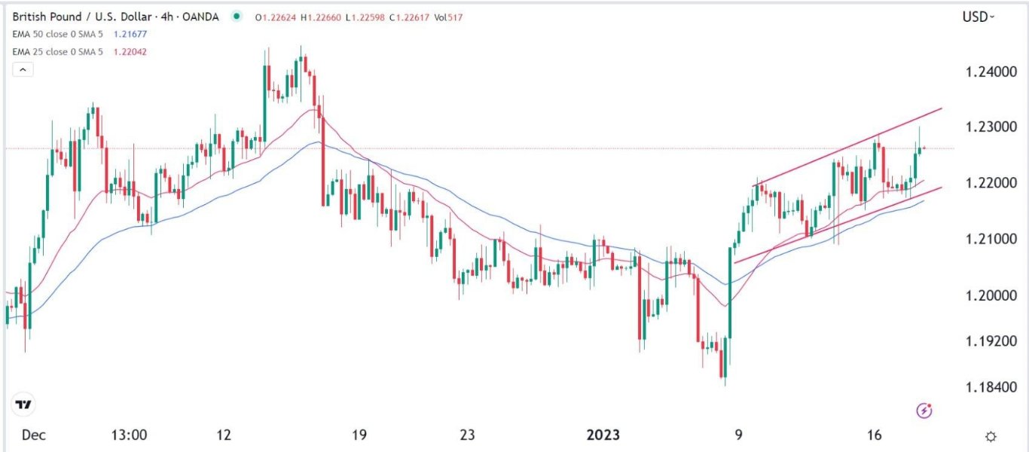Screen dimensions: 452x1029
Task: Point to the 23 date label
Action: [x=467, y=435]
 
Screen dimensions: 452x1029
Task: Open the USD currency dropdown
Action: [x=979, y=17]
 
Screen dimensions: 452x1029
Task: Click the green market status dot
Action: [x=237, y=17]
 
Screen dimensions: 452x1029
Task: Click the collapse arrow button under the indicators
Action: [x=23, y=69]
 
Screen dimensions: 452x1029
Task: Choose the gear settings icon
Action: [x=991, y=436]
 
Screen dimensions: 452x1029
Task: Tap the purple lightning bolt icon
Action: [x=925, y=411]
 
